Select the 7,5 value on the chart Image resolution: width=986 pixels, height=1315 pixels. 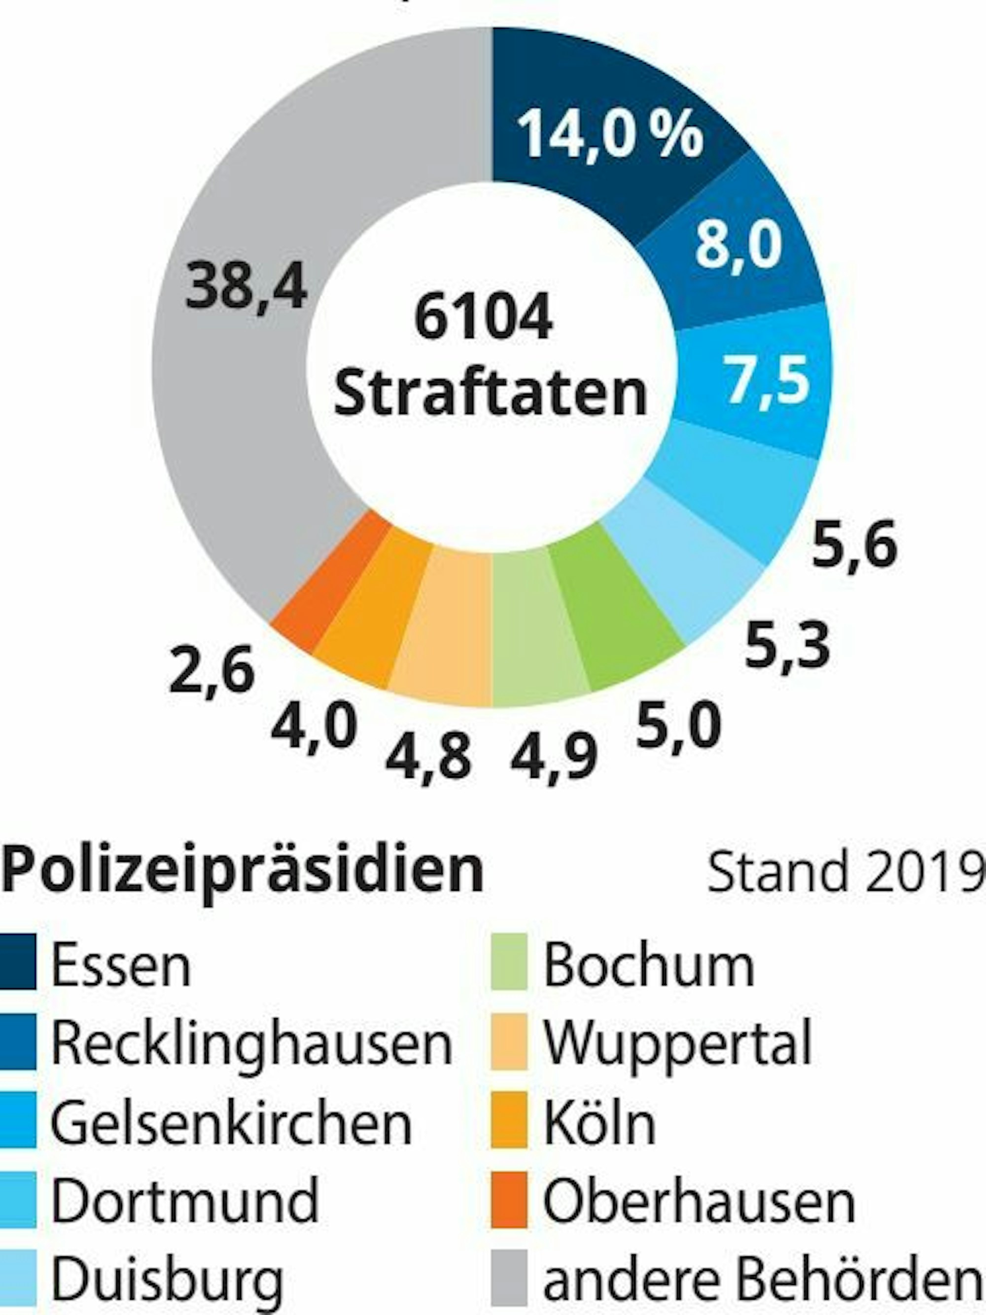point(769,379)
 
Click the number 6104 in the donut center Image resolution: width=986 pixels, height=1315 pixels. point(483,318)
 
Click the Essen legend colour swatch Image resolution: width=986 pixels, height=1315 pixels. point(18,962)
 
